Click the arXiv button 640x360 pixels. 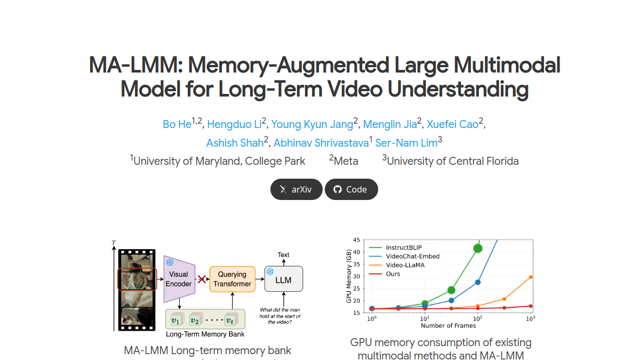pos(297,189)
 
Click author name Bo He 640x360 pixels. pos(177,124)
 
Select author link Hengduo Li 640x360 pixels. pos(234,124)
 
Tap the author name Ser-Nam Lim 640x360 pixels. pos(406,143)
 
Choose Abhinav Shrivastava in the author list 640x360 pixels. pos(321,143)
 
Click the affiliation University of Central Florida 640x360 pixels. pos(453,161)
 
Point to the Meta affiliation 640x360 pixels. pos(346,161)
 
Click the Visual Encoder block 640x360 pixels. pos(179,279)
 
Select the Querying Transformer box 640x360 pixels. pos(233,279)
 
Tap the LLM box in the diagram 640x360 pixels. pos(284,279)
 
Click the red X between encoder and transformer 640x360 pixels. pos(202,279)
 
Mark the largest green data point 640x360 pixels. pos(478,249)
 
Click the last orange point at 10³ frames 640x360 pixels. pos(531,277)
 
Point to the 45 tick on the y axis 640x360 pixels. pos(356,240)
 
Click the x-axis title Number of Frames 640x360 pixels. pos(449,326)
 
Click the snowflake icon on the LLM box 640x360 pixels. pos(270,271)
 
